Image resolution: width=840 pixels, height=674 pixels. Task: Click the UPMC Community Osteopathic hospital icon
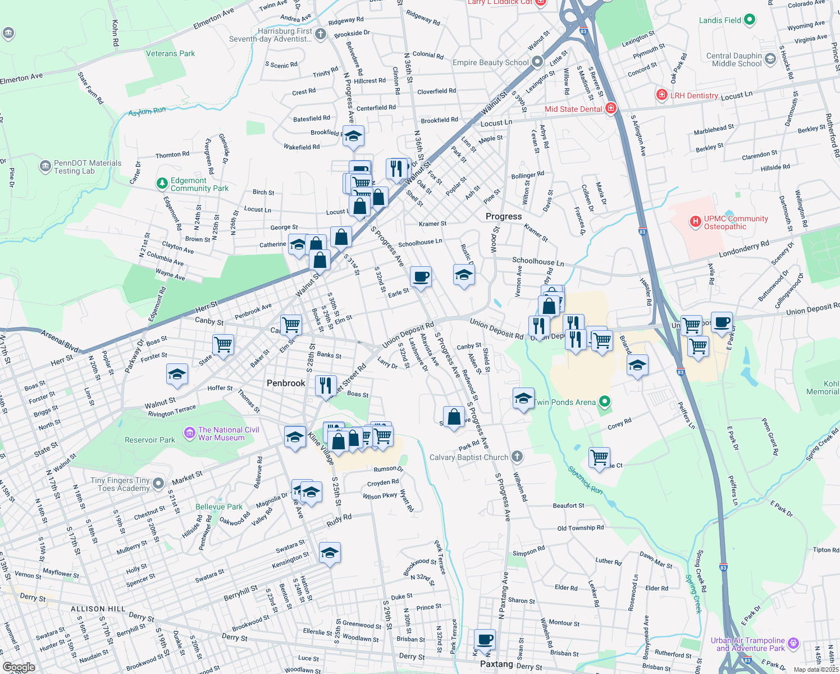pos(696,222)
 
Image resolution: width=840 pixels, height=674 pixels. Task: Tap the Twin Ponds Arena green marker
pos(604,402)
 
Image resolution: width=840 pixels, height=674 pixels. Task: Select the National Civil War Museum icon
pos(189,434)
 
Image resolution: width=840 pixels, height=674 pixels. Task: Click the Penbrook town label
pos(286,383)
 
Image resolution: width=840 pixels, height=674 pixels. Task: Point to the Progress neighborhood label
pos(504,216)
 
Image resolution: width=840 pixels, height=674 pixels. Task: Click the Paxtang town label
pos(496,664)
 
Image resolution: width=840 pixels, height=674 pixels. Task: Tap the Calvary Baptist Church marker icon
pos(517,457)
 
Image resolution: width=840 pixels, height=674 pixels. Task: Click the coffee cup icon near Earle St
pos(421,276)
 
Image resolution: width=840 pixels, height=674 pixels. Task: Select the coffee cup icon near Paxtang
pos(485,639)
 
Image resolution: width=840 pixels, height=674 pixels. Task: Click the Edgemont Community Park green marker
pos(162,184)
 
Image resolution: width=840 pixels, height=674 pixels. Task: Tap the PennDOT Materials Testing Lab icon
pos(45,167)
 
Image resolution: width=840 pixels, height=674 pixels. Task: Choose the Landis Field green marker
pos(749,20)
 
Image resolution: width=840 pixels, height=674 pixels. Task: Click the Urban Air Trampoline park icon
pos(793,644)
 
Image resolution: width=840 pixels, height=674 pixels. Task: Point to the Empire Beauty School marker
pos(537,62)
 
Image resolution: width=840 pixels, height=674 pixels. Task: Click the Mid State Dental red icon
pos(611,108)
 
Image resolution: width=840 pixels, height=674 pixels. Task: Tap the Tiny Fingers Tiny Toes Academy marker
pos(158,484)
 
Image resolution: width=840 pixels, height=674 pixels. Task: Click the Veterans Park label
pos(170,53)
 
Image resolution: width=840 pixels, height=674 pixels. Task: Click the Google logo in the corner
pos(19,667)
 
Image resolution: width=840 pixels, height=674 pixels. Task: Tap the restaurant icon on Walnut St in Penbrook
pos(326,386)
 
